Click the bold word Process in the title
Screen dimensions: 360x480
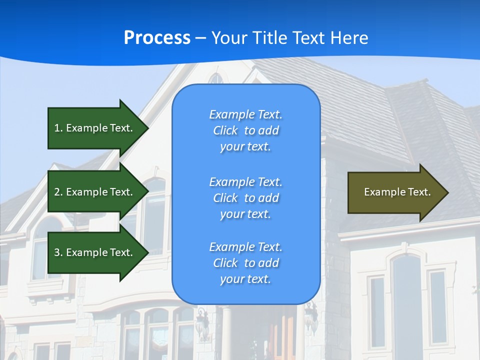click(157, 38)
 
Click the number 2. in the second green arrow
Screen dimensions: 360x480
click(58, 192)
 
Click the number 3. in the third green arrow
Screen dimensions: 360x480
click(58, 252)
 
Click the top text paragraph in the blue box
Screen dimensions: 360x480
click(245, 130)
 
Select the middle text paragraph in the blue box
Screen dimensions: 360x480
click(245, 198)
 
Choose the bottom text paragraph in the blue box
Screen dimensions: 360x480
click(245, 263)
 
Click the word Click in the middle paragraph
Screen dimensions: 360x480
click(225, 198)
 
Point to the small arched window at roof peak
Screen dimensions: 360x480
click(215, 78)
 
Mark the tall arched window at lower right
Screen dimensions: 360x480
click(406, 300)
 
